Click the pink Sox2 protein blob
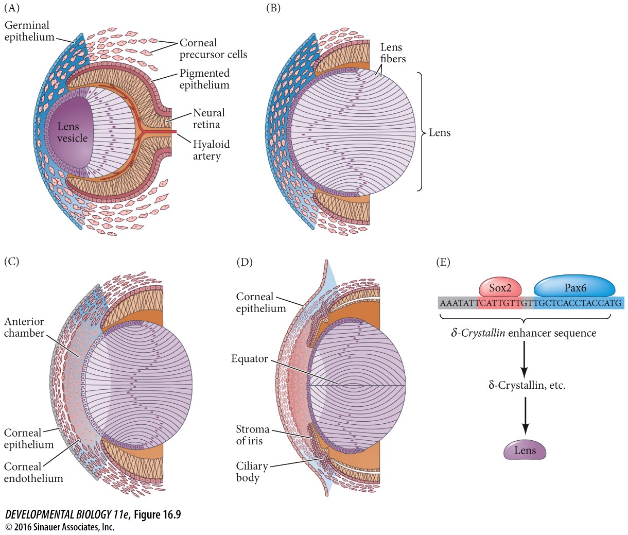[500, 287]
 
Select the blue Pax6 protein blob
[574, 287]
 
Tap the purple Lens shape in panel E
[525, 451]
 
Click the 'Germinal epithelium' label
[28, 31]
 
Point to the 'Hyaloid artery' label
[211, 150]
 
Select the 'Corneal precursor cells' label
[213, 49]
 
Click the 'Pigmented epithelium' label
[204, 79]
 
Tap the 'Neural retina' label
[208, 118]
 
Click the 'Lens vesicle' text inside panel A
[72, 132]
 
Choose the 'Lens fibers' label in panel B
[393, 53]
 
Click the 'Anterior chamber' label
[24, 327]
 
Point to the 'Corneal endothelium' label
[33, 472]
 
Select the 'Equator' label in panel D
[249, 358]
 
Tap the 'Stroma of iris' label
[252, 435]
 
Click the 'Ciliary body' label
[252, 472]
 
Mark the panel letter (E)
[443, 262]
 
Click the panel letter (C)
[11, 261]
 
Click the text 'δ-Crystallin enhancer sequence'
[524, 333]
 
